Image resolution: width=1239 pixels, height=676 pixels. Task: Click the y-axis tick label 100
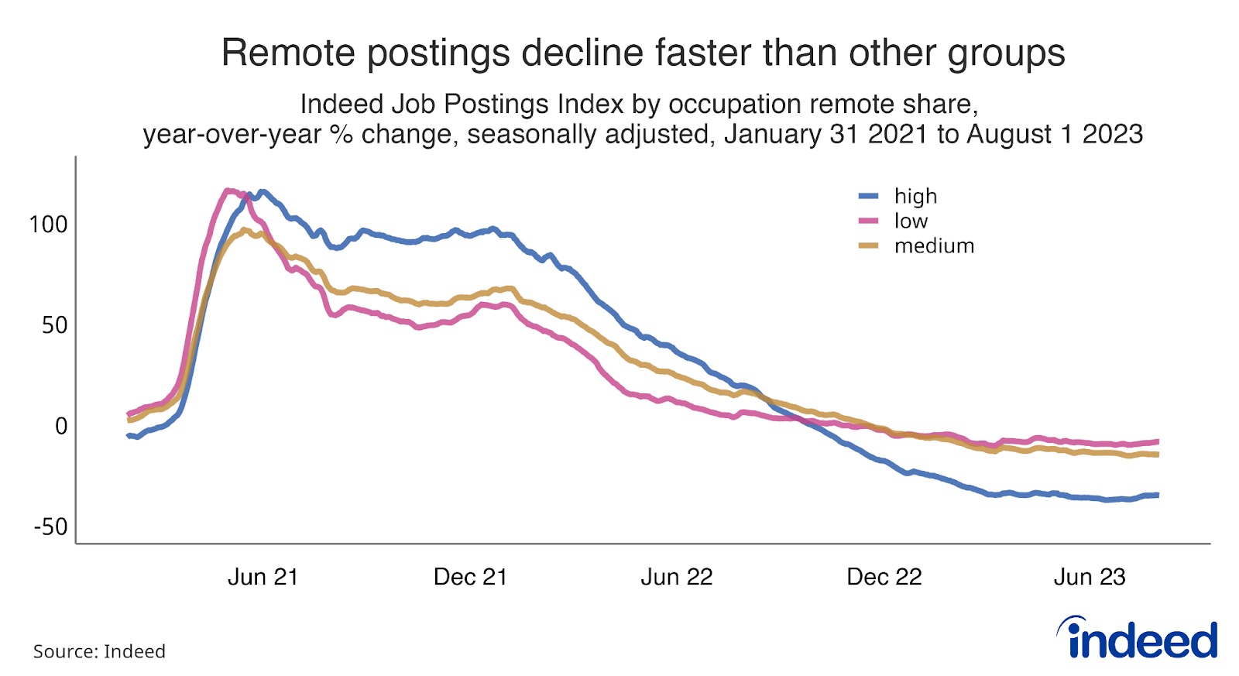(48, 225)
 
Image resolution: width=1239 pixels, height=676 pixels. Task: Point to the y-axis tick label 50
(54, 325)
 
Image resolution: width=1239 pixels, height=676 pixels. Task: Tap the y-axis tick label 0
(60, 426)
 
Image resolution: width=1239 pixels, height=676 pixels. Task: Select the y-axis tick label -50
(50, 527)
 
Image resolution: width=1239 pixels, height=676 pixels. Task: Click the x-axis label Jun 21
(263, 577)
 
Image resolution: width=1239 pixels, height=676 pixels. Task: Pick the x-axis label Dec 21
(470, 577)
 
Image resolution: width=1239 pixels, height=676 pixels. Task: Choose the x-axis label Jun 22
(676, 577)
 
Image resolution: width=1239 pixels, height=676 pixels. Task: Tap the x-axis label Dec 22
(884, 577)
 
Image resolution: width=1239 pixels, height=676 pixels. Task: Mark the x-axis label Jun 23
(1090, 577)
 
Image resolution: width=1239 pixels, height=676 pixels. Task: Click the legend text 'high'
(915, 197)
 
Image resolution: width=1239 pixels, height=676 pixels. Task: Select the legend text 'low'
(911, 221)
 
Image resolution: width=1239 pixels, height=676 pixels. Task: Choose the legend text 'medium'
(934, 246)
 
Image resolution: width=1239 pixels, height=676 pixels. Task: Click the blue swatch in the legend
(869, 197)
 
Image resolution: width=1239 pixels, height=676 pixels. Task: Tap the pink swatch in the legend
(869, 221)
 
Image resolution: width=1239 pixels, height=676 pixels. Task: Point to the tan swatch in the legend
(869, 246)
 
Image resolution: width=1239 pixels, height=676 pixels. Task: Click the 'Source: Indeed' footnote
(99, 651)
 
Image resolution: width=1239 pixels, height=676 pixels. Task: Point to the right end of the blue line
(1157, 495)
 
